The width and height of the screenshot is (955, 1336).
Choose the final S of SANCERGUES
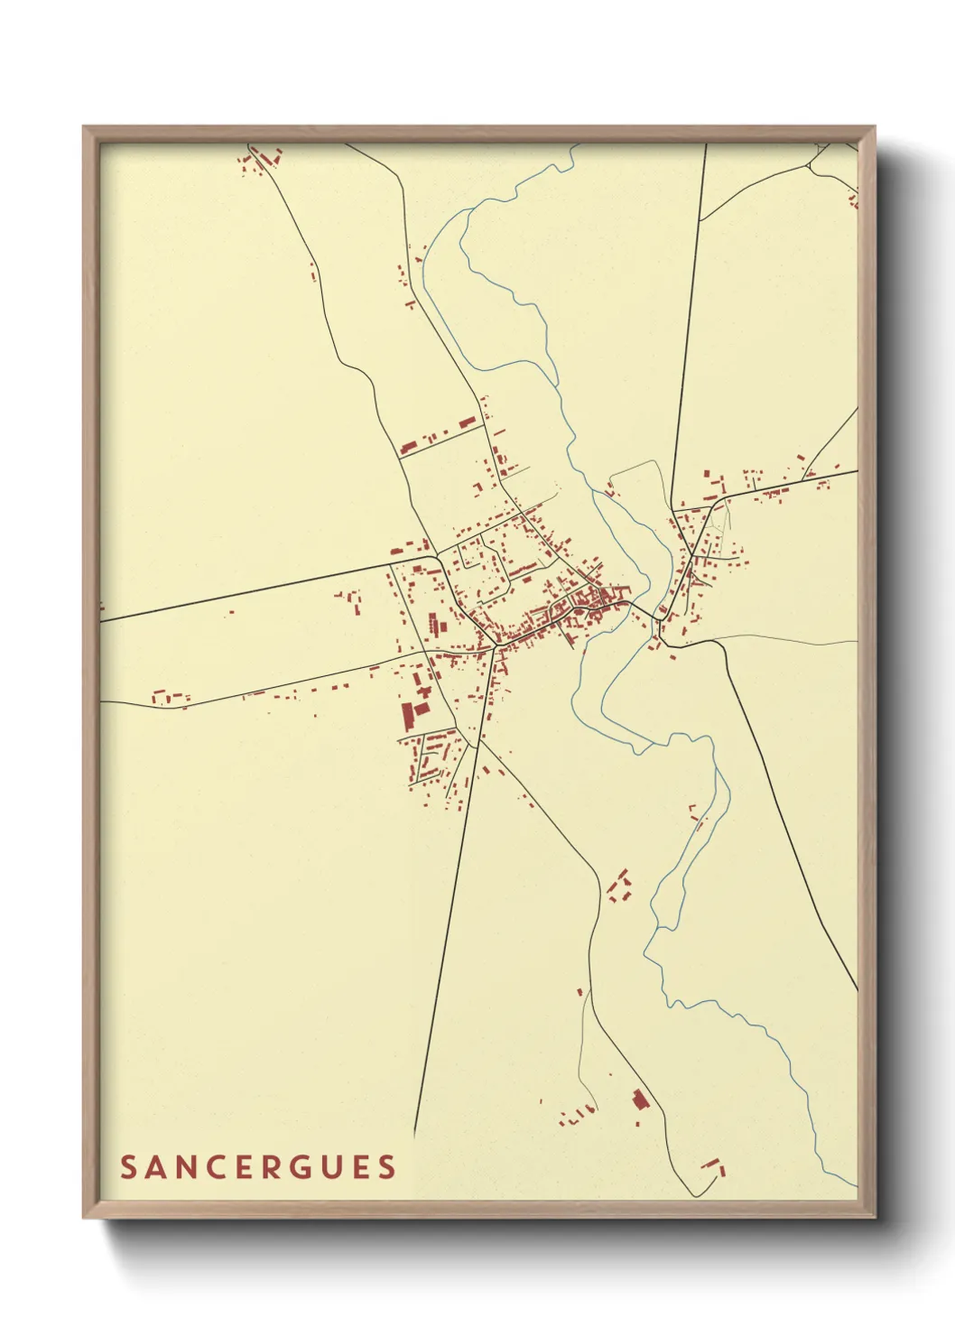tap(388, 1167)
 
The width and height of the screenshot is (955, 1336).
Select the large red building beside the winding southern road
tap(641, 1099)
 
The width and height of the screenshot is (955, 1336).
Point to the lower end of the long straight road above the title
tap(415, 1135)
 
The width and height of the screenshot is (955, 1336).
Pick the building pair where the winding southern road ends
tap(713, 1165)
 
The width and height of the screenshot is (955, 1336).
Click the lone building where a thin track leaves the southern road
tap(579, 992)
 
